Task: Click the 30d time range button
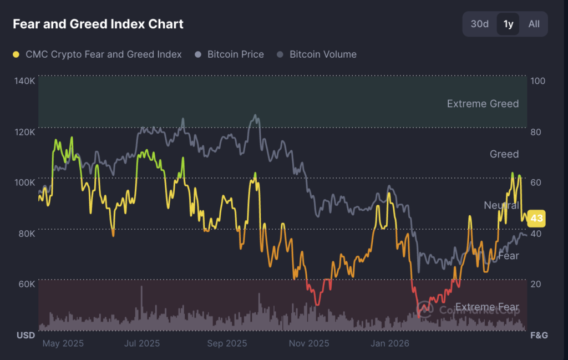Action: point(480,24)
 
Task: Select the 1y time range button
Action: point(508,24)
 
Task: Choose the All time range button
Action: point(534,24)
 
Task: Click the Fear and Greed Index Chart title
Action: point(98,24)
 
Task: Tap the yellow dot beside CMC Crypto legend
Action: point(16,54)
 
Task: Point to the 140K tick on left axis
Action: point(25,81)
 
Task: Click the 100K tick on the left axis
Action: point(25,182)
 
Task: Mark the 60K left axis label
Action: point(26,284)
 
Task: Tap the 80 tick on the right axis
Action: point(537,132)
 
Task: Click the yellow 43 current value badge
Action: point(536,219)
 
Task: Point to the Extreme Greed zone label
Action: point(483,104)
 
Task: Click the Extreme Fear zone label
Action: point(487,307)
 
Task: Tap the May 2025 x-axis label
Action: point(63,343)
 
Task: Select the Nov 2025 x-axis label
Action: point(309,343)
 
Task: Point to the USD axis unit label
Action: point(26,335)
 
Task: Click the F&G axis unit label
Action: point(539,335)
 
